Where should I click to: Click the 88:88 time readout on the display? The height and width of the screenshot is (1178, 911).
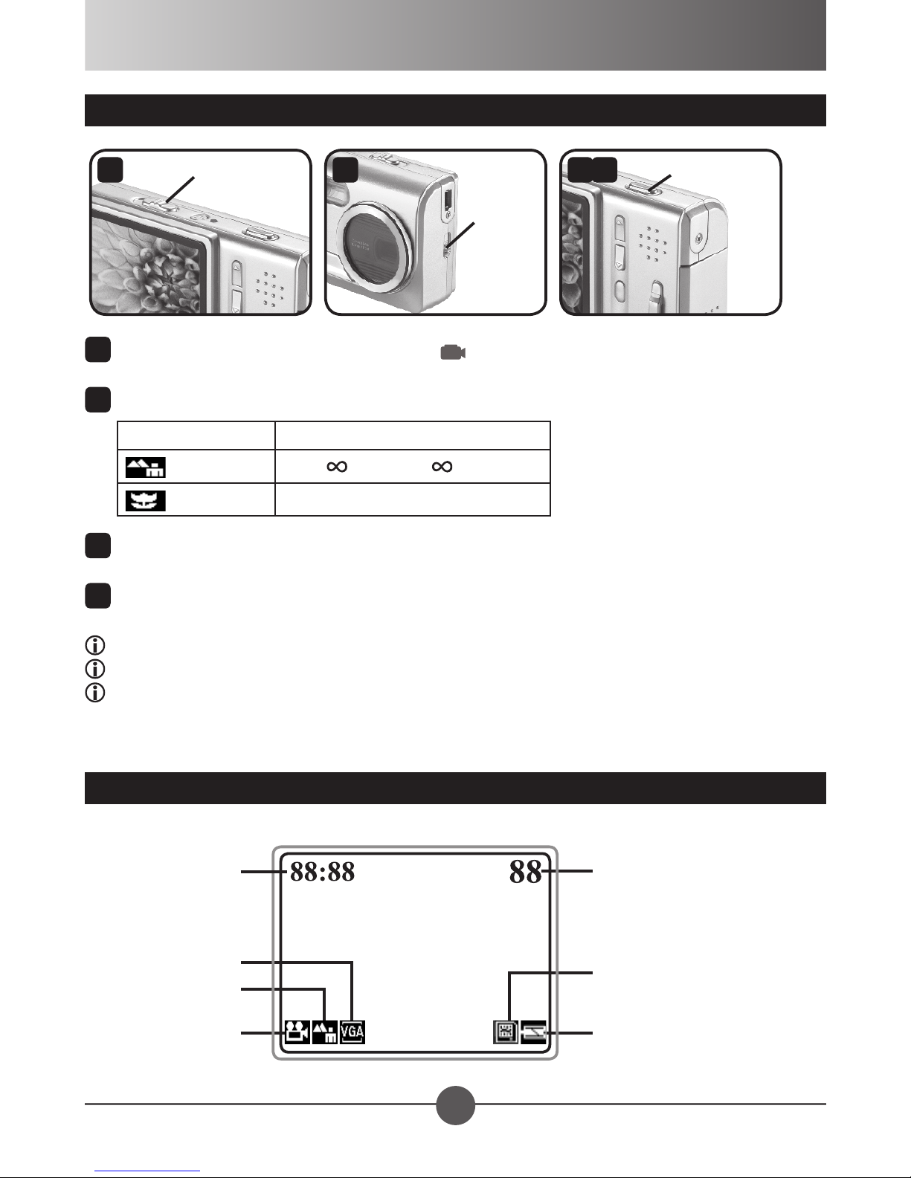click(x=322, y=872)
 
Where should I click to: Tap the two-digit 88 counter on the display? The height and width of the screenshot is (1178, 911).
click(x=525, y=872)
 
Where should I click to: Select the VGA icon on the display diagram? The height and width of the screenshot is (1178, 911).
click(x=353, y=1032)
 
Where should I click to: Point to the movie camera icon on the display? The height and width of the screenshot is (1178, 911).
click(x=297, y=1032)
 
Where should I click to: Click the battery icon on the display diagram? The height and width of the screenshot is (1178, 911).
click(x=533, y=1032)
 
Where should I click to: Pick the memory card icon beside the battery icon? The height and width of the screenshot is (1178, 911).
click(x=506, y=1032)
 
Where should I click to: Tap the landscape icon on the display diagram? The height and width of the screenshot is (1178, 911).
click(x=325, y=1032)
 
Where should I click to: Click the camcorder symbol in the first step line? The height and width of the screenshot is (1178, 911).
click(x=453, y=352)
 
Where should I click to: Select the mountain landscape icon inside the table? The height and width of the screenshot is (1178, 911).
click(x=145, y=467)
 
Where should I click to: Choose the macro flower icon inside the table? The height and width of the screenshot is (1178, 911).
click(x=145, y=500)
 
